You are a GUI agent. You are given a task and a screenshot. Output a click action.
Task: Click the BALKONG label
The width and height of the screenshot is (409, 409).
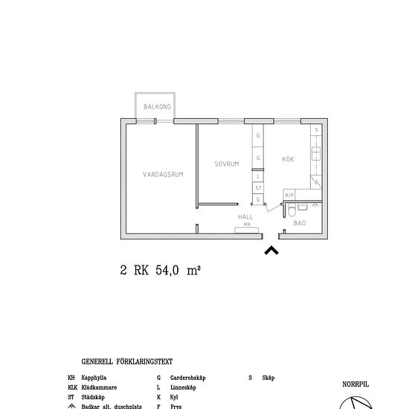coord(158,107)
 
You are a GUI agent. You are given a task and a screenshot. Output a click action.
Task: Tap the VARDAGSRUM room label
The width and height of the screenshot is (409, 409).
coord(163,174)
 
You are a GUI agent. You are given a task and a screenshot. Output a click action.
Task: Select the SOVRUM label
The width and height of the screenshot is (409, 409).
coord(227,164)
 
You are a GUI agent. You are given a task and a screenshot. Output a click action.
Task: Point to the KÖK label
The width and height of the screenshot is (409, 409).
coord(288,159)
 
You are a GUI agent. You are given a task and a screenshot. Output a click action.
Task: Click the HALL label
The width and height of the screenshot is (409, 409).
coord(245,216)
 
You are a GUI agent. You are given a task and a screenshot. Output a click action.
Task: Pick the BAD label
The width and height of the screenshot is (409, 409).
coord(300,222)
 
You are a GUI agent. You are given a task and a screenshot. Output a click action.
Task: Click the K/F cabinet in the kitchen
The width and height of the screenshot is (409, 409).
coord(290,196)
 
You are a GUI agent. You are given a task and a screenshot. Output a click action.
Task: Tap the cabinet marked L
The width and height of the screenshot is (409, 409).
coord(258,176)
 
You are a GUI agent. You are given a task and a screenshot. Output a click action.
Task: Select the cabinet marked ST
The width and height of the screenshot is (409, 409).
coord(258,189)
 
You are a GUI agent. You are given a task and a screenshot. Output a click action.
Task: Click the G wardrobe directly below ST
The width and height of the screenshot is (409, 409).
coord(258,199)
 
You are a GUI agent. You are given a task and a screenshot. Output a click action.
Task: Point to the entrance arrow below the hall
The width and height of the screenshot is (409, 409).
coord(272,251)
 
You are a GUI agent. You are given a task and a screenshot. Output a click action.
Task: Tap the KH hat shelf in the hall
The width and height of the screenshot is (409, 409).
coord(245,225)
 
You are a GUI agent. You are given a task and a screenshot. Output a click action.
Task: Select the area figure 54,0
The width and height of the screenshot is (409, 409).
coord(170,271)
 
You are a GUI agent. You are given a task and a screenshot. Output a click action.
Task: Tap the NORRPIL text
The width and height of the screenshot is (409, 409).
coord(355,384)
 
